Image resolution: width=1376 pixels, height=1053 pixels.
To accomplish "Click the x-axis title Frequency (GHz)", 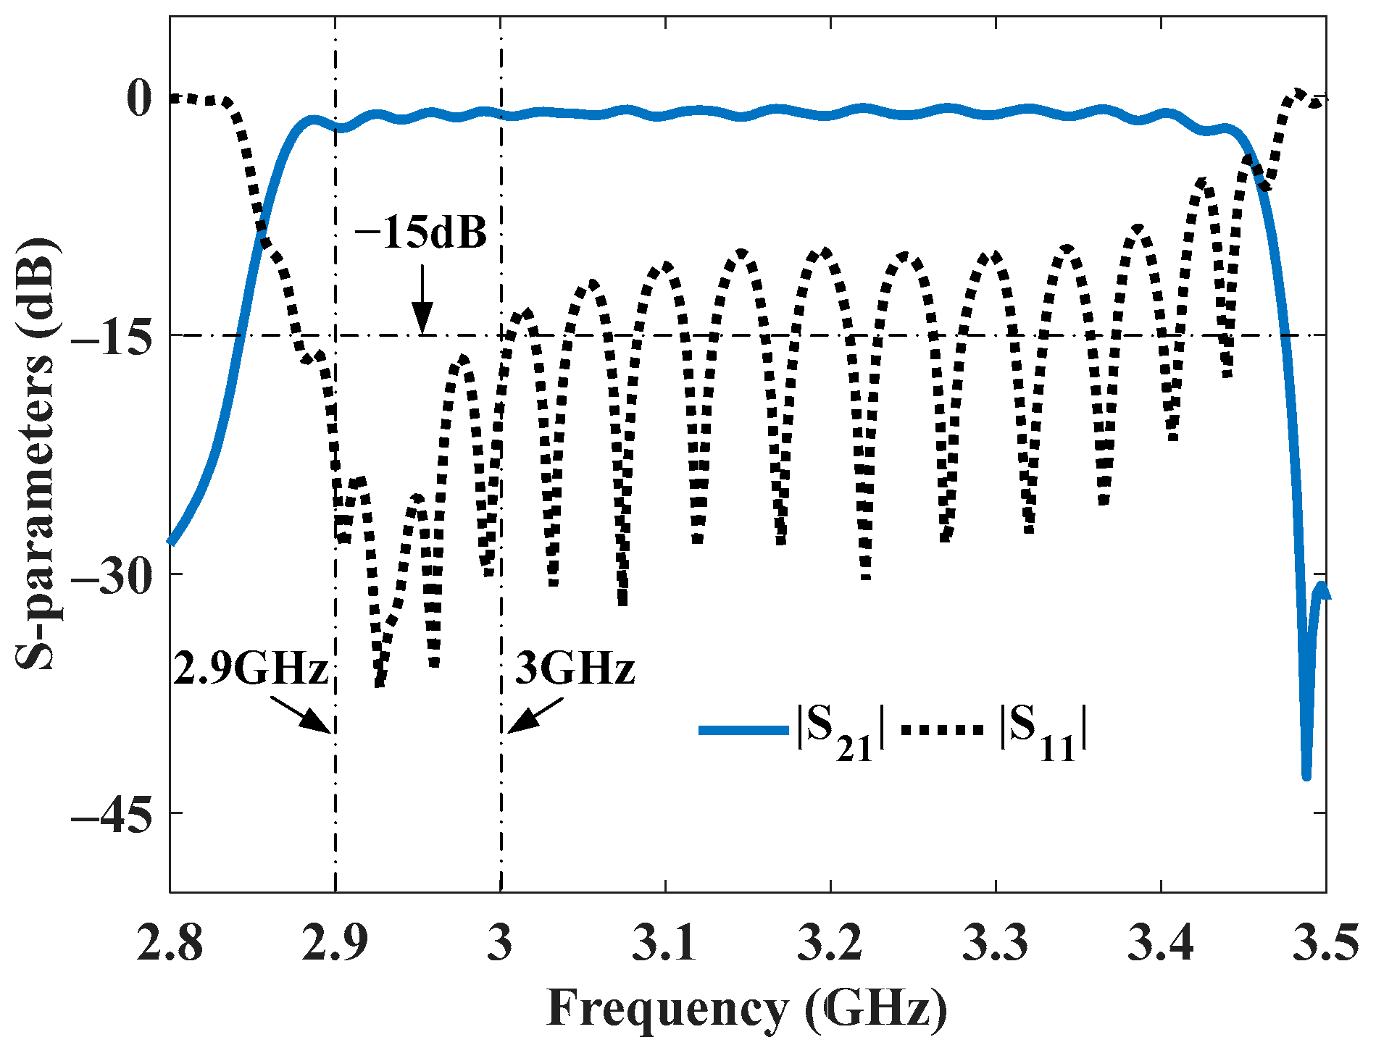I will point(747,1009).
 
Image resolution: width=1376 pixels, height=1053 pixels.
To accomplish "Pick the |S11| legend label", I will point(1043,731).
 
